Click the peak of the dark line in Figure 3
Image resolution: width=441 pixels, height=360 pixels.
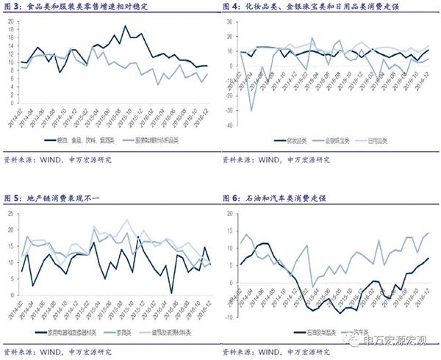(x=126, y=26)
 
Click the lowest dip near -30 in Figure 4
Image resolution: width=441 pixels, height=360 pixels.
(x=252, y=111)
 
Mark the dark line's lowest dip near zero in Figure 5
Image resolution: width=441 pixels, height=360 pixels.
(x=171, y=293)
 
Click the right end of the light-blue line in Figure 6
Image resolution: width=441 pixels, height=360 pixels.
(x=429, y=233)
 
